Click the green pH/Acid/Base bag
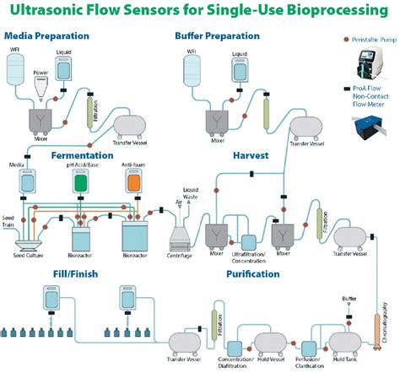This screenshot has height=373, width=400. pyautogui.click(x=81, y=183)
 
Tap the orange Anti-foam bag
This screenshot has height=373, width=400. pyautogui.click(x=132, y=183)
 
